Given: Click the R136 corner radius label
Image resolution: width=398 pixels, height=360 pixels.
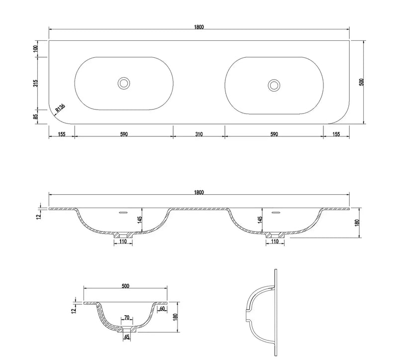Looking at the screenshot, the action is click(x=60, y=108).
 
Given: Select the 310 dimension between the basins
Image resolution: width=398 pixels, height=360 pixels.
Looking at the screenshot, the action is click(x=199, y=134).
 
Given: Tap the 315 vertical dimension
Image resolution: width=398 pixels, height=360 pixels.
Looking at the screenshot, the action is click(x=36, y=83).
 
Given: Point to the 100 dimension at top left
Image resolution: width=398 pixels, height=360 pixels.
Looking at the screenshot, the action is click(x=35, y=48).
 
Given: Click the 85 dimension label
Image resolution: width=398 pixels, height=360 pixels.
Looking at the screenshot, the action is click(x=36, y=117).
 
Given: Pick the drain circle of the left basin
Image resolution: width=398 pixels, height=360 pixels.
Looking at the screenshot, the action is click(x=124, y=83).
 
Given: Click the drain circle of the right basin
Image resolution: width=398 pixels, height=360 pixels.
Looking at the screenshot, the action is click(x=274, y=85).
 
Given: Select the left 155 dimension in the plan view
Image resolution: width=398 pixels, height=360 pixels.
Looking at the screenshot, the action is click(x=62, y=134).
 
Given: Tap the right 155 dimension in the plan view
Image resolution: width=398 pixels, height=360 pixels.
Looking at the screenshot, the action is click(x=336, y=134).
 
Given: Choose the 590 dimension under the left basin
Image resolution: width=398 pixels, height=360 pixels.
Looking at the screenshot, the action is click(x=124, y=134).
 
